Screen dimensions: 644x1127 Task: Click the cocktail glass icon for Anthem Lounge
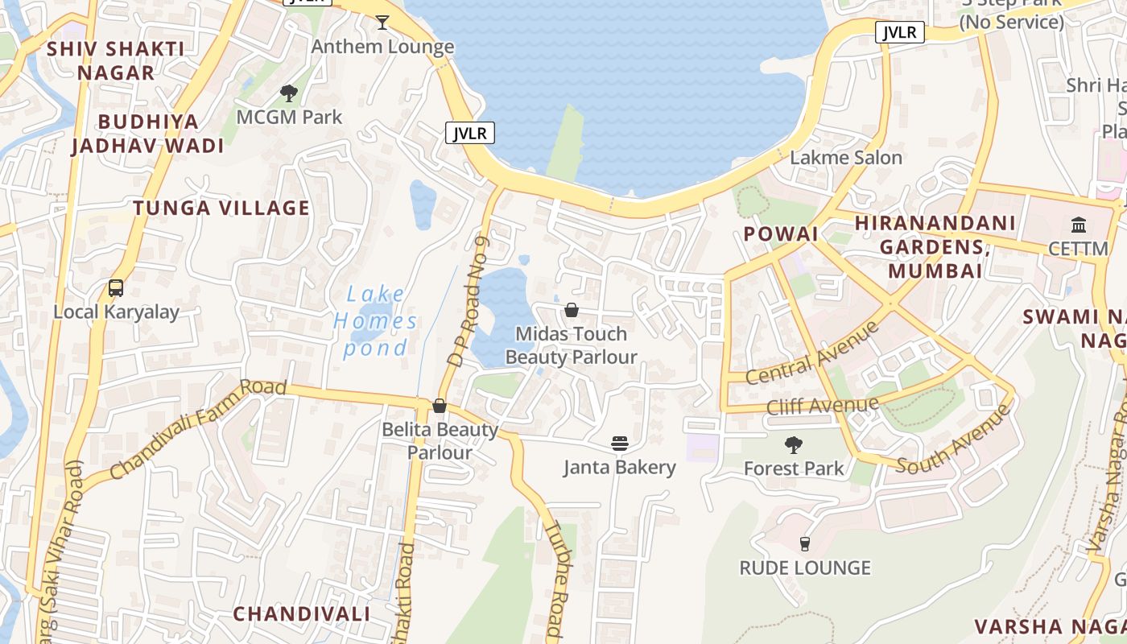point(382,23)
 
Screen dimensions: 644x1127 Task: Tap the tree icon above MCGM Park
point(289,93)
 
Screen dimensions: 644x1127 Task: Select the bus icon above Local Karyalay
point(116,288)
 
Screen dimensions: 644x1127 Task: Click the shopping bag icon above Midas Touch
point(572,310)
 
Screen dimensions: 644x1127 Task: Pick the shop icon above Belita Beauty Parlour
point(440,406)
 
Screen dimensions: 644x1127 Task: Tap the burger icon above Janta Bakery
point(619,443)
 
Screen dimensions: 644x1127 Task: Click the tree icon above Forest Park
point(794,444)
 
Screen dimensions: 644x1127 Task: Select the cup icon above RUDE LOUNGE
point(804,544)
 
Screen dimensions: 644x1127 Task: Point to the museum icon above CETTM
point(1079,225)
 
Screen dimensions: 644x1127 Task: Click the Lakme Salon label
point(846,157)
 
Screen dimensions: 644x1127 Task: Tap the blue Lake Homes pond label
point(376,321)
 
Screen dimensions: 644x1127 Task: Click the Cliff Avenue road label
point(823,404)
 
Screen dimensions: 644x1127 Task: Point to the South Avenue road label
point(954,440)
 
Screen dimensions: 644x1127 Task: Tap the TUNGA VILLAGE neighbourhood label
point(221,208)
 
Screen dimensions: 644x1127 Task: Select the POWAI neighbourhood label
point(780,233)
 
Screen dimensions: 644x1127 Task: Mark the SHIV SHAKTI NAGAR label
point(115,60)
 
